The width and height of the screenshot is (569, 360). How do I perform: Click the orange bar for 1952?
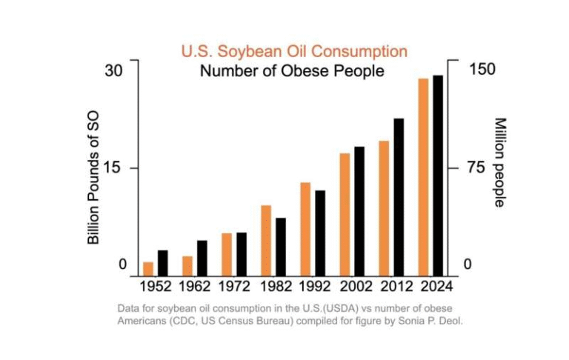pyautogui.click(x=148, y=268)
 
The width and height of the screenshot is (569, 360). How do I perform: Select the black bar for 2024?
pyautogui.click(x=438, y=175)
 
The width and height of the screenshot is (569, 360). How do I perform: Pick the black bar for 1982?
pyautogui.click(x=280, y=246)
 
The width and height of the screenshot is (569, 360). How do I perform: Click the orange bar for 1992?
pyautogui.click(x=305, y=228)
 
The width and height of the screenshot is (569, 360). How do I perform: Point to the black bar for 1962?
pyautogui.click(x=202, y=257)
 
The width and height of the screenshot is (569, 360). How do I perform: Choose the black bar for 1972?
pyautogui.click(x=241, y=253)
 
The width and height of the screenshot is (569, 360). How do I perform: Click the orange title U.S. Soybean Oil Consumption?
pyautogui.click(x=294, y=51)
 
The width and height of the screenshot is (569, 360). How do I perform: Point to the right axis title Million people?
pyautogui.click(x=499, y=162)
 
